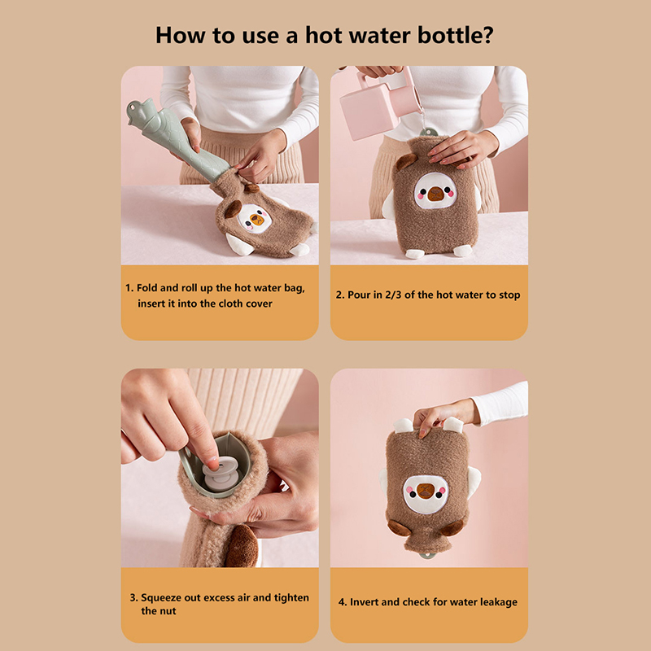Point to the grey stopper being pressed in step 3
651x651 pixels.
click(x=220, y=474)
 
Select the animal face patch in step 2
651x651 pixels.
click(x=435, y=191)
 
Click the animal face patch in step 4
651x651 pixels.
click(x=426, y=493)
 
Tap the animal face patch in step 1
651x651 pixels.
click(x=255, y=218)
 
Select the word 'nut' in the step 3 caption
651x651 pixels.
click(x=168, y=611)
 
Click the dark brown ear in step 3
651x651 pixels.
click(x=242, y=544)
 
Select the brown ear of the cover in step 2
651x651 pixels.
click(x=405, y=161)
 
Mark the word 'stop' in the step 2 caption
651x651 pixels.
click(x=509, y=295)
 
